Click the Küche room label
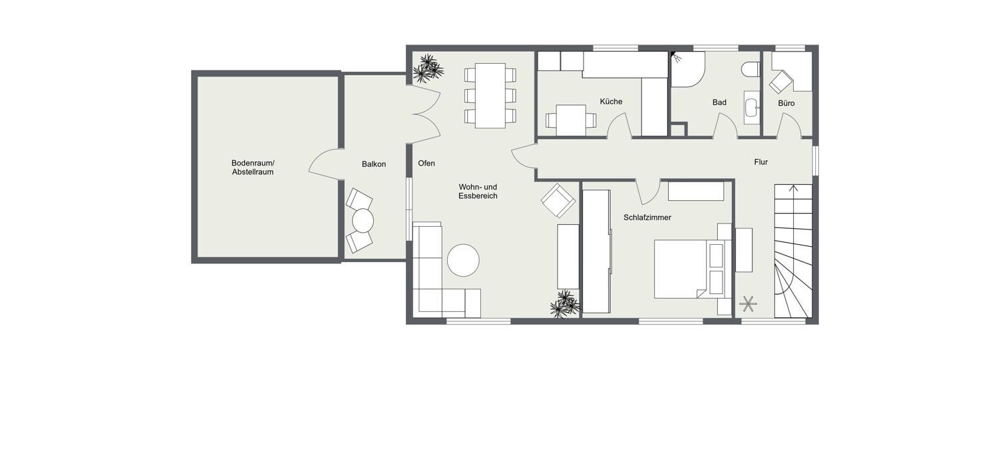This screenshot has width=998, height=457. point(611,102)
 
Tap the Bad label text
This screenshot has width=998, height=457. point(719,102)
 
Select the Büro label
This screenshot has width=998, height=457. point(786,103)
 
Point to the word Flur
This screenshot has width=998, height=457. point(761,162)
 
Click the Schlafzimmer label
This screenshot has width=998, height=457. point(647,218)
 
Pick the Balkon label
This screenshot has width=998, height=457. point(374,164)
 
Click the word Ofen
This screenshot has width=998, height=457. point(426,164)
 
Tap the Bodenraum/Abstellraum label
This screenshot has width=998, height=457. point(253,168)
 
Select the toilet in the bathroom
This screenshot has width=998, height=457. point(750,69)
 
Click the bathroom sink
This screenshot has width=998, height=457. point(752,107)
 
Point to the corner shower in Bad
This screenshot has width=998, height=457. point(687,69)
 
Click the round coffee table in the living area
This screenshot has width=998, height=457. point(463,260)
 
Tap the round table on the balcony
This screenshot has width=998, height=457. point(363,220)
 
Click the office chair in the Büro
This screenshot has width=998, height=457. point(781,82)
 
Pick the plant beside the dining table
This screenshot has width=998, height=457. point(428,69)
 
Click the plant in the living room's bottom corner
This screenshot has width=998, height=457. point(566,305)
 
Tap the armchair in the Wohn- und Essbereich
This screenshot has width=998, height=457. point(558,200)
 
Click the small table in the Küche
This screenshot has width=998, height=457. point(571,120)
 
